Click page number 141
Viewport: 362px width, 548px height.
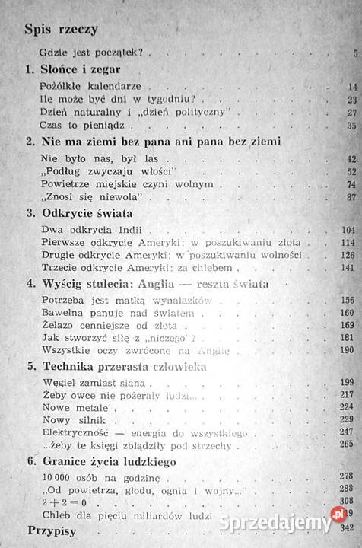(x=349, y=267)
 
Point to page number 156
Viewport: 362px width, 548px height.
(x=348, y=301)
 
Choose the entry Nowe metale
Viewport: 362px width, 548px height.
(x=71, y=406)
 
